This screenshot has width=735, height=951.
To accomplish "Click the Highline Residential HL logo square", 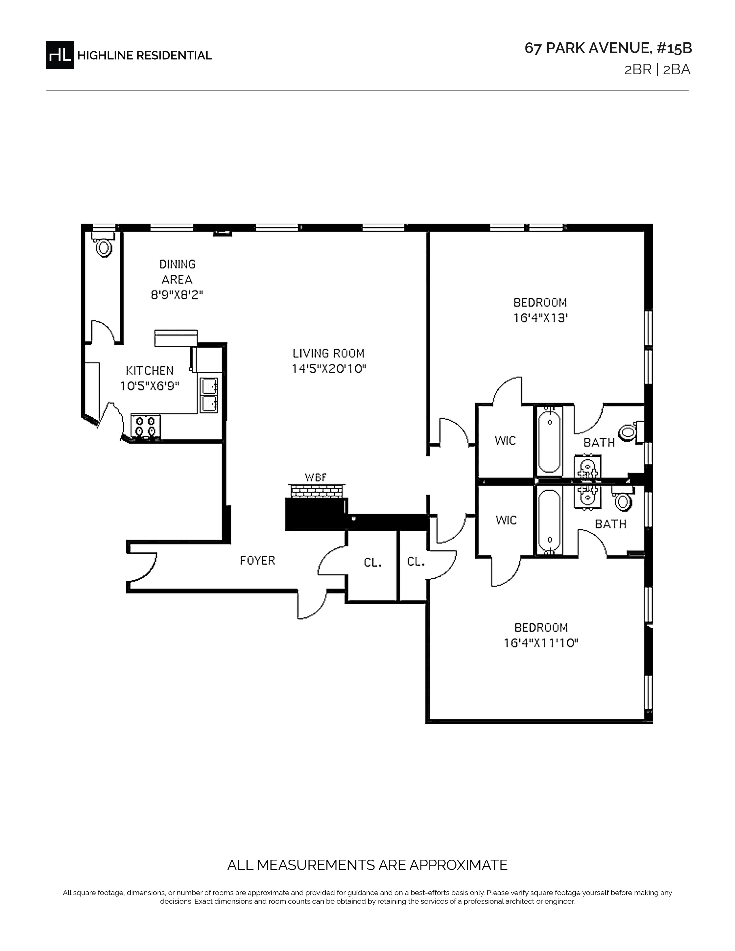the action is (60, 55).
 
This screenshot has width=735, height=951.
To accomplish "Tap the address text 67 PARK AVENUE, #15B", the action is (608, 48).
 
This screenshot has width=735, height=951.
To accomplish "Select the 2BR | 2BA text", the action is (657, 70).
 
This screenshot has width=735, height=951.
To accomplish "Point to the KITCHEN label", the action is (150, 371).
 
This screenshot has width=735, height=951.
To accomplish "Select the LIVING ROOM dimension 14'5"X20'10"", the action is (329, 369).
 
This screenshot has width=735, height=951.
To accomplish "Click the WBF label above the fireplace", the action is (315, 478).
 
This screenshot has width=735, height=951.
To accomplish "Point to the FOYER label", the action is (258, 561).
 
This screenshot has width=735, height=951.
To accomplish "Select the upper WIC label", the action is (505, 441).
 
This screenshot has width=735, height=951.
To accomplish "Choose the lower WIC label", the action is (506, 520).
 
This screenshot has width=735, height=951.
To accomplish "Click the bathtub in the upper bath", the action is (549, 441).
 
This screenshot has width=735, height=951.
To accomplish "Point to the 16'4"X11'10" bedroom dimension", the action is (541, 643).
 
